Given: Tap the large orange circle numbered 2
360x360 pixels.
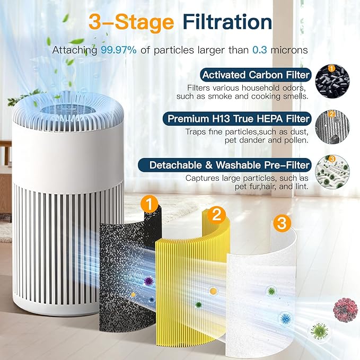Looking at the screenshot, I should [x=216, y=214].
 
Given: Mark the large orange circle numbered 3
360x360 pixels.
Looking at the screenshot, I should [x=282, y=223].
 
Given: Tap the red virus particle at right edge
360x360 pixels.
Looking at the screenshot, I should [x=345, y=309].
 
